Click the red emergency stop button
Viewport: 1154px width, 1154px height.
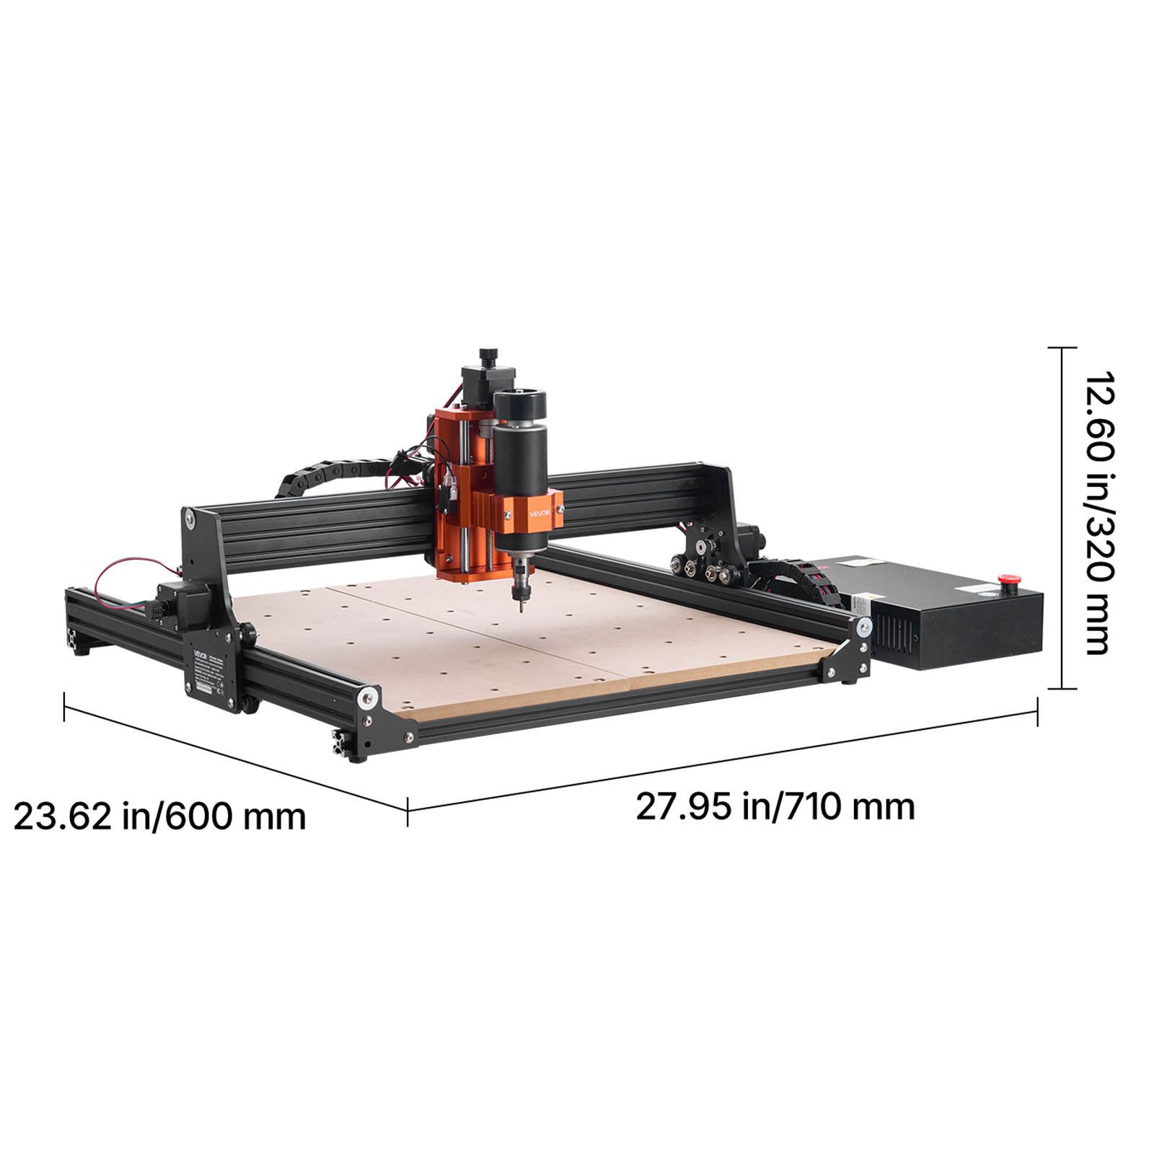[x=1003, y=577]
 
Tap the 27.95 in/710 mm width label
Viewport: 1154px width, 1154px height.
[x=775, y=806]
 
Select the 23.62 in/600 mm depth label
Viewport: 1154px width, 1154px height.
[x=160, y=816]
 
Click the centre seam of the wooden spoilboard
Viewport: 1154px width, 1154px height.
[x=476, y=635]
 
